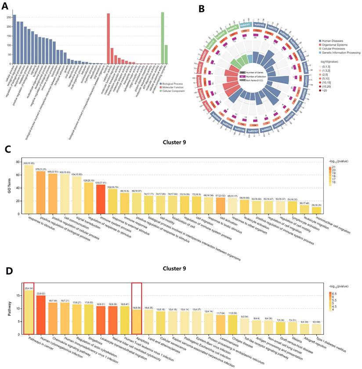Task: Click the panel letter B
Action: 202,8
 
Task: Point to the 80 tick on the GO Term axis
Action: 18,162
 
